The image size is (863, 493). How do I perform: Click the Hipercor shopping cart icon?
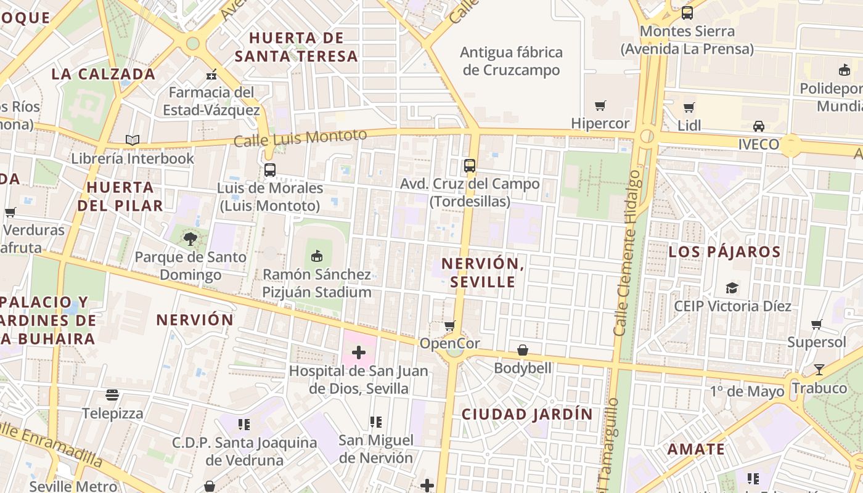tap(600, 106)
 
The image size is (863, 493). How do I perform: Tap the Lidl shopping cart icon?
tap(689, 108)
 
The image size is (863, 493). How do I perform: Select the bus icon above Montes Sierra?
tap(687, 12)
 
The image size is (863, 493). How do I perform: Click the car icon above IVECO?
tap(759, 126)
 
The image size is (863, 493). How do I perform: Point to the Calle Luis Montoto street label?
tap(300, 137)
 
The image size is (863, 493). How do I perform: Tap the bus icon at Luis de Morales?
tap(270, 170)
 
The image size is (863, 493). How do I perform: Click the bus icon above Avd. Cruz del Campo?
tap(470, 165)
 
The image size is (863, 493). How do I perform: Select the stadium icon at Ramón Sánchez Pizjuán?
tap(317, 256)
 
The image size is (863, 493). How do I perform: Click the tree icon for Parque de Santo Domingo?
tap(190, 239)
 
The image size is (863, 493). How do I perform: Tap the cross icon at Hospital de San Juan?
tap(359, 352)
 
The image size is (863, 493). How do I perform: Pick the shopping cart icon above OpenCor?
tap(450, 325)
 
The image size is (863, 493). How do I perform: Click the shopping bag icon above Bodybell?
tap(523, 350)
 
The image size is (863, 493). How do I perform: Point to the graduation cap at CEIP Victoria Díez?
tap(732, 288)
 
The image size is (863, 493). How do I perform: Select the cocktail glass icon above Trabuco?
tap(819, 370)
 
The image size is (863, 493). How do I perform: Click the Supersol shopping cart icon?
tap(817, 324)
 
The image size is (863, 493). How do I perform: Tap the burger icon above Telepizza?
tap(112, 394)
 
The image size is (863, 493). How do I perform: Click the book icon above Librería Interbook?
tap(133, 140)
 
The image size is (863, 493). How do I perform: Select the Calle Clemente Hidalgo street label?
tap(628, 253)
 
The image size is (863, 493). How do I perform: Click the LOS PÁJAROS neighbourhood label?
tap(724, 252)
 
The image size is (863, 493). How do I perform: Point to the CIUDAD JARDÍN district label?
tap(527, 414)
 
